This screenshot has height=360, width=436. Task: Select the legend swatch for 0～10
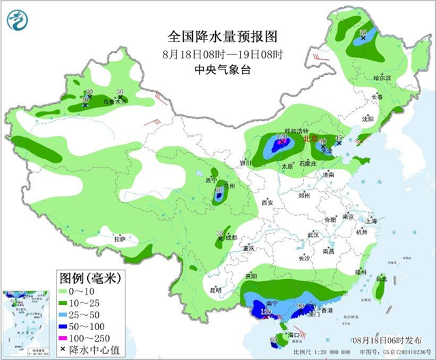(66, 291)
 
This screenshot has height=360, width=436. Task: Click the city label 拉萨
(120, 239)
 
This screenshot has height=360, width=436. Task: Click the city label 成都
(230, 238)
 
